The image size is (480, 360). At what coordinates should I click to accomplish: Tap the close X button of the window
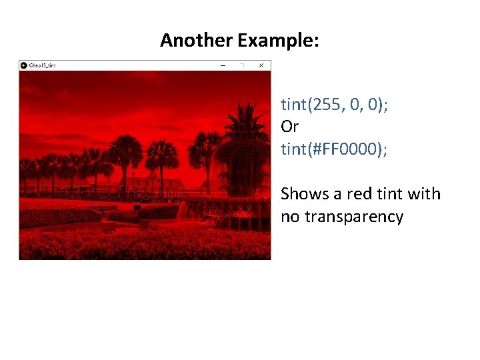[261, 65]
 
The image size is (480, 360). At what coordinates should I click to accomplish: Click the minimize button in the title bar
[223, 65]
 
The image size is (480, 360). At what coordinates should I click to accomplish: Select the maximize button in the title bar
[242, 65]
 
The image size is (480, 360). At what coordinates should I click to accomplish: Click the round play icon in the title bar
[24, 65]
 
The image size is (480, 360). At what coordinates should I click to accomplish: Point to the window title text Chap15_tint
[43, 65]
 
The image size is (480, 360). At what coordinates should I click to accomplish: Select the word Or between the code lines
[289, 127]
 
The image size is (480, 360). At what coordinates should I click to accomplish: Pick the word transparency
[354, 217]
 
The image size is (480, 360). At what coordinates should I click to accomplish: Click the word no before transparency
[290, 217]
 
